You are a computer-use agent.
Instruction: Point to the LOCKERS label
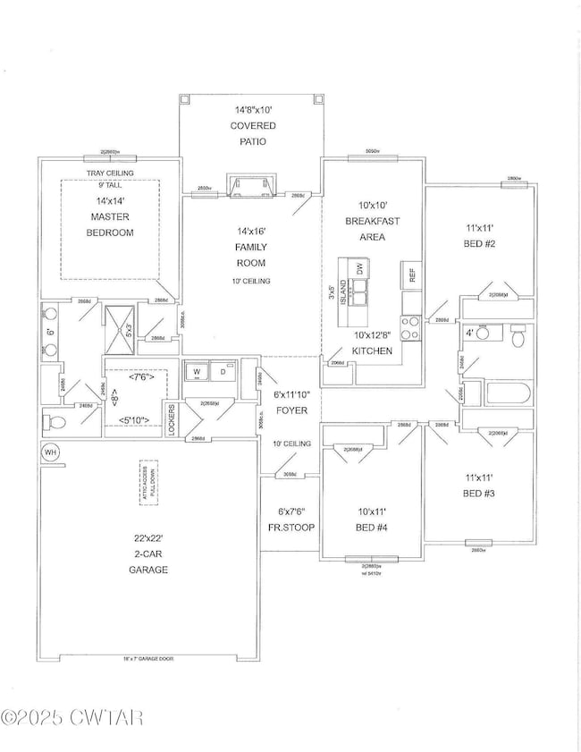[171, 418]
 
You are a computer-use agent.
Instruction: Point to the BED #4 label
[369, 519]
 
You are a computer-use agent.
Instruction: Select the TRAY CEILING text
[110, 173]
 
